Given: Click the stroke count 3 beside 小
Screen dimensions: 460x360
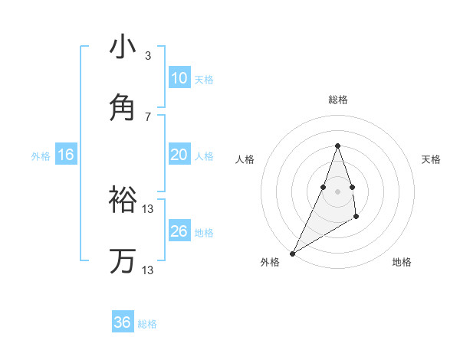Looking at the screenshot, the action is tap(148, 56).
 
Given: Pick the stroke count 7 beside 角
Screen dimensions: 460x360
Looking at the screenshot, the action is tap(148, 116).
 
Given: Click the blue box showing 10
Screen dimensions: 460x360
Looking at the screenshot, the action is tap(179, 78).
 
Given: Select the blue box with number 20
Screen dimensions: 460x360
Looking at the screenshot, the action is tap(179, 155).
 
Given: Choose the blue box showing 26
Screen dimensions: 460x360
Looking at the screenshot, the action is tap(179, 231).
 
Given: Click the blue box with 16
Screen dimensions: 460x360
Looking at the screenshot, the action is tap(66, 155).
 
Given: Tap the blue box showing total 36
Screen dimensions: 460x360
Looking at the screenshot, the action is tap(123, 322).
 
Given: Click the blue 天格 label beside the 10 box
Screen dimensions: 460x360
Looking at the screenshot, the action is tap(204, 80).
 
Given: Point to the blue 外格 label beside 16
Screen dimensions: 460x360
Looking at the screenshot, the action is tap(41, 156).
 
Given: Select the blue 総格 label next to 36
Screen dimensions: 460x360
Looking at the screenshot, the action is tap(147, 324).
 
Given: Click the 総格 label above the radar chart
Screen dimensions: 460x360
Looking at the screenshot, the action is tap(337, 100).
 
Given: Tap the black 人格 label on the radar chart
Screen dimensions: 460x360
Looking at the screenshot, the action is tap(245, 159).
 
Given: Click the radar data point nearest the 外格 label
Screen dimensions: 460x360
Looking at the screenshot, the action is tap(292, 254).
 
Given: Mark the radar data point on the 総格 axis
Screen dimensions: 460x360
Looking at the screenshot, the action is tap(337, 146).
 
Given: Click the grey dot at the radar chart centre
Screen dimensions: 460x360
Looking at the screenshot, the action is tap(337, 201).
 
